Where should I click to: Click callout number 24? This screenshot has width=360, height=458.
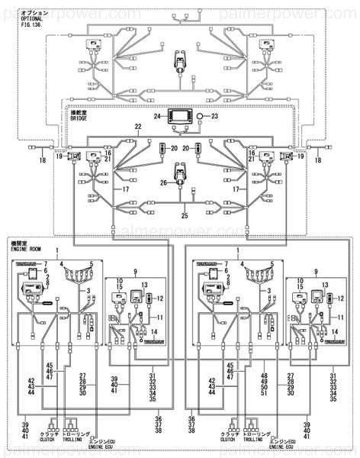tap(158, 117)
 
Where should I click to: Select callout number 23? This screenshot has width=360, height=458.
tap(214, 117)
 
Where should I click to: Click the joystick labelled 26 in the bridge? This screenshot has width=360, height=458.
tap(180, 177)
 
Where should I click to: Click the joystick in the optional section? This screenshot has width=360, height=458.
tap(180, 59)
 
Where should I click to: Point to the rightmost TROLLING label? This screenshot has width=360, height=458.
tap(252, 440)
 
